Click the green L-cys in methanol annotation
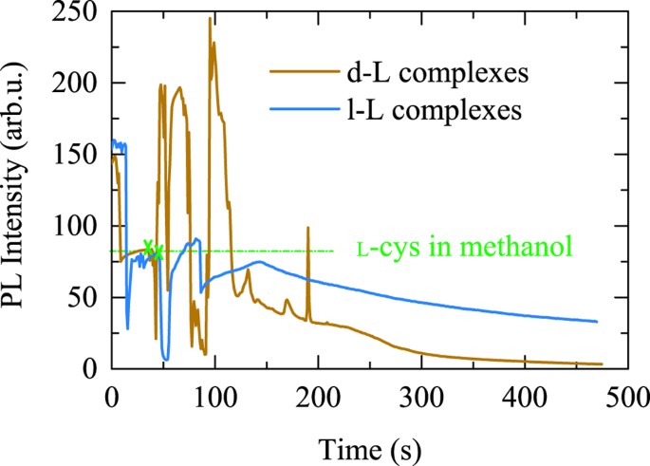point(463,250)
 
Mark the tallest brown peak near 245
point(210,19)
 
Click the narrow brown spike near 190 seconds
point(307,229)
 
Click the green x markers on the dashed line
point(153,249)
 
